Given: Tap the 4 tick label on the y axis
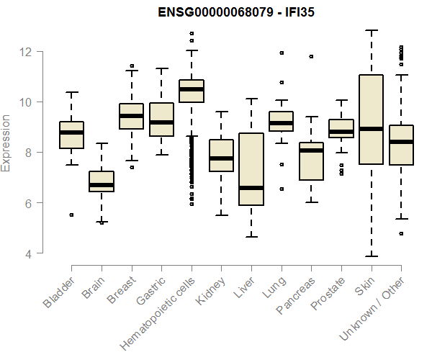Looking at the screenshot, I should click(x=29, y=253).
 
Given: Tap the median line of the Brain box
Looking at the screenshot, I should click(x=102, y=185).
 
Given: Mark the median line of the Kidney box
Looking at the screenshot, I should click(x=221, y=158).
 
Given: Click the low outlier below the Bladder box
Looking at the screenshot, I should click(x=71, y=215).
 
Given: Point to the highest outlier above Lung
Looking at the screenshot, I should click(x=282, y=53).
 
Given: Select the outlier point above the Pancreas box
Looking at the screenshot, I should click(x=311, y=56).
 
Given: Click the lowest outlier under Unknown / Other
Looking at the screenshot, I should click(x=401, y=233).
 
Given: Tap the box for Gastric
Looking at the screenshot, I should click(x=161, y=120).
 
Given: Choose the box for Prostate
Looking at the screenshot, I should click(x=341, y=128).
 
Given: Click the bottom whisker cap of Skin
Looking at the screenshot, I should click(x=371, y=256).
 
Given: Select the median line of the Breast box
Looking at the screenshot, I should click(x=131, y=116).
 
